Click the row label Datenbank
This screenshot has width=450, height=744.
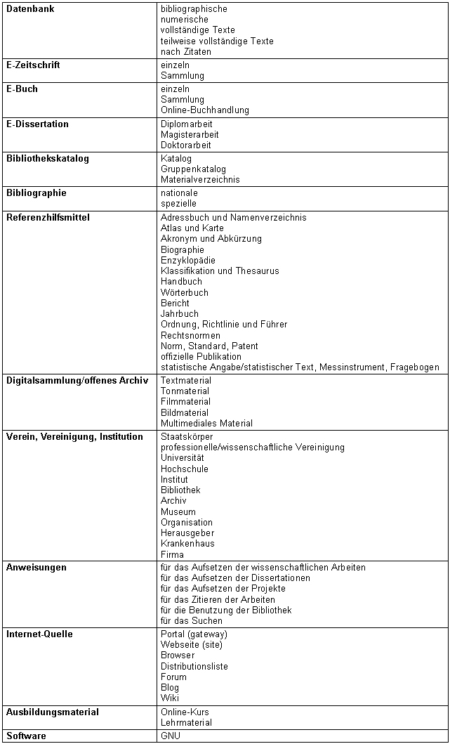click(x=30, y=9)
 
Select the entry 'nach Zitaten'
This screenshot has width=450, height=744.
click(x=185, y=52)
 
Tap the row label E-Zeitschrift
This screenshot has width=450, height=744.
click(x=33, y=65)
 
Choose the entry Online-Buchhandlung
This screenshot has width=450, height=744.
click(x=204, y=110)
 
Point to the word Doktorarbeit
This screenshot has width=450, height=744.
click(x=185, y=145)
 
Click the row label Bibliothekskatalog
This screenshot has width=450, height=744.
click(x=48, y=159)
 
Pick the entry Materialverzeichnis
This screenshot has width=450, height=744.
click(x=200, y=180)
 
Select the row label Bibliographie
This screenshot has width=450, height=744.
click(x=37, y=193)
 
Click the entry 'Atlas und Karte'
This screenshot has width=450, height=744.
click(x=192, y=228)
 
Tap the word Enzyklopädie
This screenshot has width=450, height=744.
click(x=187, y=261)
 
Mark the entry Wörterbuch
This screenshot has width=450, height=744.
click(x=184, y=293)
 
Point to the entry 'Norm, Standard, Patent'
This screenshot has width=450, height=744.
click(x=209, y=346)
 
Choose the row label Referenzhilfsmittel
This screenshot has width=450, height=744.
click(x=48, y=218)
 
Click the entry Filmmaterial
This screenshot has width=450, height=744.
click(x=185, y=403)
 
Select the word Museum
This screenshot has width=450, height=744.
click(x=178, y=512)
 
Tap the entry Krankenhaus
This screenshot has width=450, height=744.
click(x=187, y=544)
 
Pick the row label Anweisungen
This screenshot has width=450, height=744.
click(x=37, y=568)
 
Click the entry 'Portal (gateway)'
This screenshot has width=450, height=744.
click(x=194, y=634)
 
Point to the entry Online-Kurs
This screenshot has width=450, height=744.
click(x=185, y=712)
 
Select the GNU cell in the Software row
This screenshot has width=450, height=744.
click(x=170, y=736)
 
